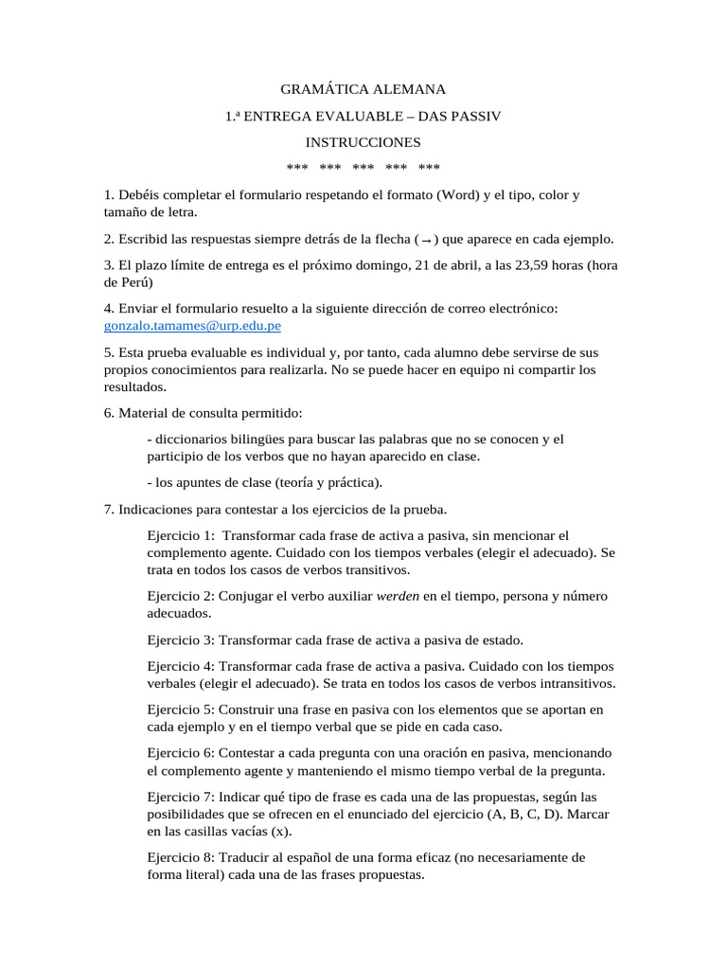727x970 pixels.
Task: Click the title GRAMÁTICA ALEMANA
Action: [363, 90]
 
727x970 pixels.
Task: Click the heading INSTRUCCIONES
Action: [363, 142]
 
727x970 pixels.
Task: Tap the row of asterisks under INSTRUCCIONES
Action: [363, 169]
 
